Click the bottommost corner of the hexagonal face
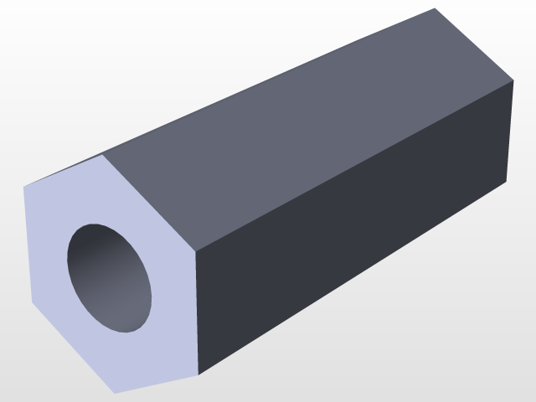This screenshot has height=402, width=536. [x=114, y=393]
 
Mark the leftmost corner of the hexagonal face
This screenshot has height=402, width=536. [x=23, y=188]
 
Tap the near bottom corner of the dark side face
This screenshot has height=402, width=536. [x=198, y=374]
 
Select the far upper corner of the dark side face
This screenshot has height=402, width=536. [x=513, y=81]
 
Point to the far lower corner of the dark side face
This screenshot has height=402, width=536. [x=506, y=183]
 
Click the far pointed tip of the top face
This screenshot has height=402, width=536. [x=435, y=8]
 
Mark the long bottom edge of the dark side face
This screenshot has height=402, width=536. [x=352, y=279]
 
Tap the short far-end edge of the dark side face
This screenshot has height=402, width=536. [x=509, y=132]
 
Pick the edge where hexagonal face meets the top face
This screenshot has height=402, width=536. [x=149, y=203]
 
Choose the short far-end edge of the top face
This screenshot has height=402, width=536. [x=474, y=45]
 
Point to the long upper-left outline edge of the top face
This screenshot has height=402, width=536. [x=268, y=82]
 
